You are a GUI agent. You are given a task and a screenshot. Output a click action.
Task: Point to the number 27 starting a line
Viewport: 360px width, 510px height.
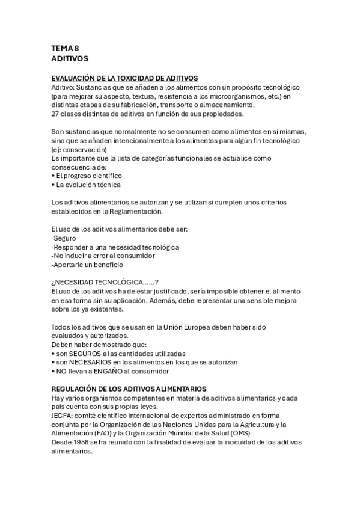(x=55, y=114)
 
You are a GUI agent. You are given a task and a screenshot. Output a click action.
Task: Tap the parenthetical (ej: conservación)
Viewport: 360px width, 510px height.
(x=79, y=149)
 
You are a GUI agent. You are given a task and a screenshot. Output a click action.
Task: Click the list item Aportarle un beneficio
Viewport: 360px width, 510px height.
(x=88, y=264)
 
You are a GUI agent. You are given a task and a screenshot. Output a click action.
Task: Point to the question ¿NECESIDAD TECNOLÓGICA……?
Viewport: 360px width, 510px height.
(x=105, y=282)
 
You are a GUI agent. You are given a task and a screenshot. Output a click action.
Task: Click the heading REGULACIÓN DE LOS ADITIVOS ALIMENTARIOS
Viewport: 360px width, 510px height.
(x=129, y=389)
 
